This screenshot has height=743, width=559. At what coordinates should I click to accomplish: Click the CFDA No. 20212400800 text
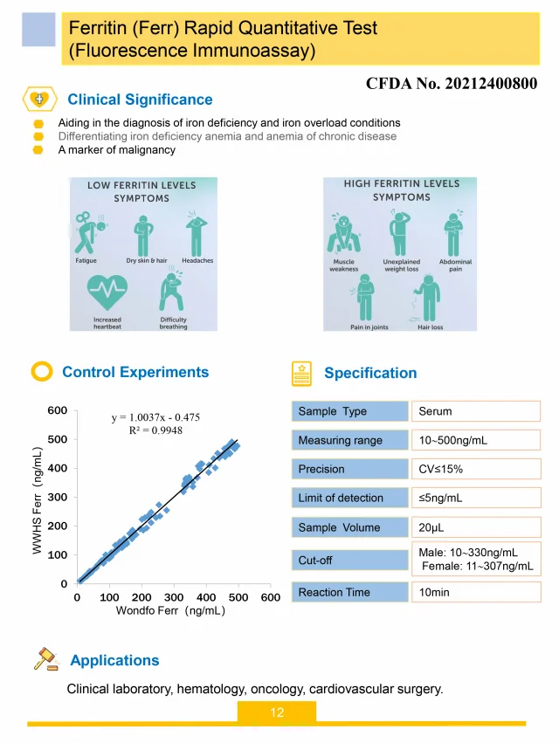451,84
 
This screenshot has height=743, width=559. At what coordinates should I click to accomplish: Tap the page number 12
277,712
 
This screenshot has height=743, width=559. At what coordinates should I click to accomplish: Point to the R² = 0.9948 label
155,430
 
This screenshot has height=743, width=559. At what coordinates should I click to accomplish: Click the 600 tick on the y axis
58,410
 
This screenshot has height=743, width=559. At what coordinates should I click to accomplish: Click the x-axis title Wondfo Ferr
171,610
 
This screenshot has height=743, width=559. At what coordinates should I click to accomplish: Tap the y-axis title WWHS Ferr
38,500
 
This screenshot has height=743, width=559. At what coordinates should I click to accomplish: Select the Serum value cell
475,411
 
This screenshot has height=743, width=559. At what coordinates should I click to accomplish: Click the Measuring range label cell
349,440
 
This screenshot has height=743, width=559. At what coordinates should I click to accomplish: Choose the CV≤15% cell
475,469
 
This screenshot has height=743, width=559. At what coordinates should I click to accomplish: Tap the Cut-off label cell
349,560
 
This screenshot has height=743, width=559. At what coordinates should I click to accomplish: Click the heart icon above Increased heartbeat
107,292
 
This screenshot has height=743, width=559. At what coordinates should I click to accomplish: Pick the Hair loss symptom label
430,327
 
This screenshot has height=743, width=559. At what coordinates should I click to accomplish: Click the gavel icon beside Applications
45,659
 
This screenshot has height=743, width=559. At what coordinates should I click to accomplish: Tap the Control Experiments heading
135,372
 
